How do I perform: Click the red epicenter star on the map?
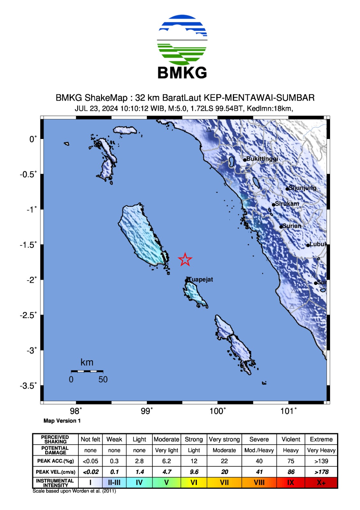click(x=185, y=259)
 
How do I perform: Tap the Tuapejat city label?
click(x=201, y=280)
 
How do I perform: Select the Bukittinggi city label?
click(x=262, y=159)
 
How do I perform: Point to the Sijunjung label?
click(x=302, y=188)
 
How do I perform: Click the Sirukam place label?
click(x=287, y=204)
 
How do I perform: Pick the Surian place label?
click(x=292, y=226)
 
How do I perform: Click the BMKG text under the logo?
click(x=182, y=73)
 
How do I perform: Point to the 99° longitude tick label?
click(x=147, y=411)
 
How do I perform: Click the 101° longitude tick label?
click(x=288, y=411)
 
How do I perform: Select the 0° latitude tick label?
click(x=33, y=139)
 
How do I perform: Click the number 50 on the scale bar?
click(x=103, y=379)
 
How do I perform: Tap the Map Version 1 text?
click(x=62, y=421)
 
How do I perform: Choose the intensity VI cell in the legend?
click(x=194, y=483)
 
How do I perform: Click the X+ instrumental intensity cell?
click(x=321, y=483)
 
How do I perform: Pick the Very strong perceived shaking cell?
click(x=224, y=439)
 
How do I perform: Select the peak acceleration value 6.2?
click(x=167, y=461)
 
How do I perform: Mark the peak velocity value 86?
click(x=291, y=472)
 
